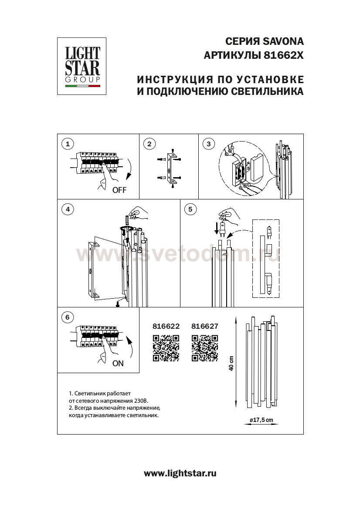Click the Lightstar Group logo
[x=82, y=66]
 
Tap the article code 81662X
[x=283, y=56]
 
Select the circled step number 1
[x=67, y=144]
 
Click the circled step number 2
[x=149, y=144]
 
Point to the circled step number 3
[x=209, y=144]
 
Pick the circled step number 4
[x=67, y=209]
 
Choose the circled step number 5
[x=190, y=209]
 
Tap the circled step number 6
[x=67, y=317]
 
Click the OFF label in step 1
[x=119, y=190]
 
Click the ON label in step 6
[x=118, y=364]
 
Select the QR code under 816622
[x=166, y=347]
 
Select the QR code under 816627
[x=205, y=347]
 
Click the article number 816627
[x=205, y=326]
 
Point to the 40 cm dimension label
[x=231, y=363]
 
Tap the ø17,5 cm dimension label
[x=261, y=420]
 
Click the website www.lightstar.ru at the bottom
[x=180, y=473]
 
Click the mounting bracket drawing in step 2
[x=171, y=168]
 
